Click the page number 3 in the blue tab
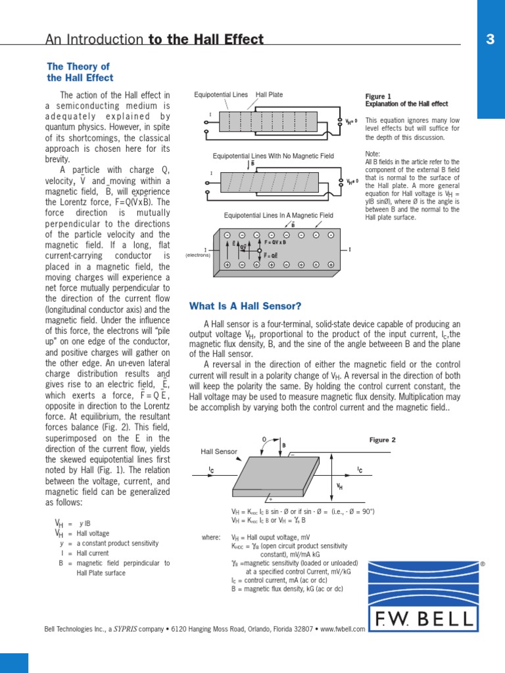coord(490,39)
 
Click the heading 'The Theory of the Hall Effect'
coord(80,72)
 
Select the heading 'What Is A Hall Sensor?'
coord(245,306)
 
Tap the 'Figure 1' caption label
coord(378,97)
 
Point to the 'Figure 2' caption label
coord(383,440)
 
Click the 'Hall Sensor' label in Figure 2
coord(219,452)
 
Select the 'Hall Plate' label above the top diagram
coord(269,95)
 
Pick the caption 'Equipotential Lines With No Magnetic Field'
coord(274,156)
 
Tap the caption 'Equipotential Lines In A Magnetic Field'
coord(278,215)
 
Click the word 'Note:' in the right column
coord(373,154)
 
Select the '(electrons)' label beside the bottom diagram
coord(197,255)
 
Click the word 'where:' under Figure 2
coord(211,538)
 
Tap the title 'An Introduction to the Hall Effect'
coord(155,39)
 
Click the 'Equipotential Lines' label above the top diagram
coord(221,95)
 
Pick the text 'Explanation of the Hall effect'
coord(406,104)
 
